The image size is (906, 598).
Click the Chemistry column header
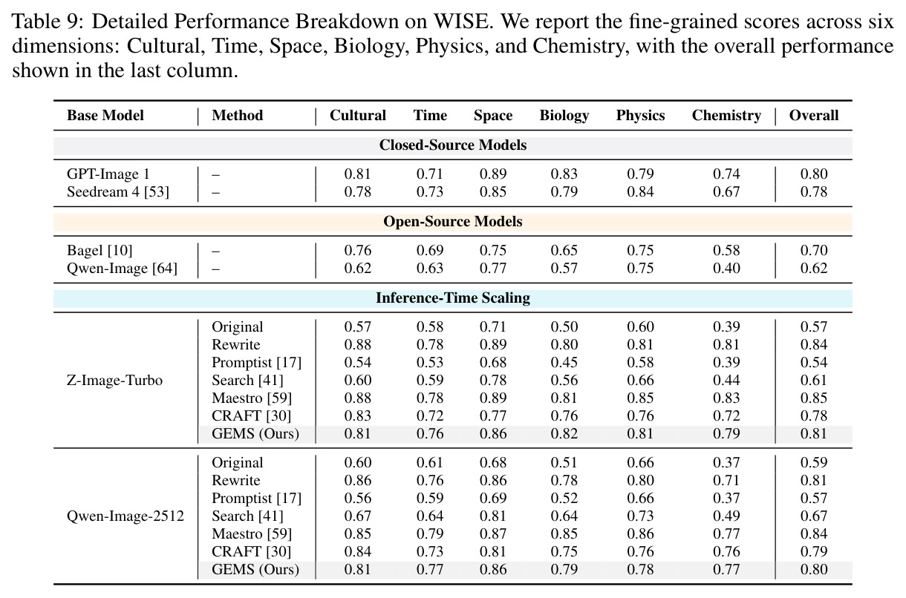[726, 116]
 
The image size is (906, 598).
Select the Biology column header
[564, 116]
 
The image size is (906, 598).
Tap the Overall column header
[814, 116]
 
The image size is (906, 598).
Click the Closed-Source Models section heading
[452, 145]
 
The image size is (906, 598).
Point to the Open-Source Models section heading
[452, 221]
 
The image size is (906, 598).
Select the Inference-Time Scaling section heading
[452, 298]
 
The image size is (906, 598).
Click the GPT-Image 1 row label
[108, 174]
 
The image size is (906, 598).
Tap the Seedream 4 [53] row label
[117, 191]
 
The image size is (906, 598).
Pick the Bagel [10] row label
[100, 250]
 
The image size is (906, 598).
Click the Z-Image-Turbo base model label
[114, 380]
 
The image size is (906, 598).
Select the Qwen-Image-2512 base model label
[126, 516]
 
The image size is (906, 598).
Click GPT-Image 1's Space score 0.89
[493, 174]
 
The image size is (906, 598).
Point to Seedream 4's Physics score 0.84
[640, 191]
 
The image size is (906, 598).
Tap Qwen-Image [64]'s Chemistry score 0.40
[726, 268]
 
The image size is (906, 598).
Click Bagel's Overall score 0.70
[814, 250]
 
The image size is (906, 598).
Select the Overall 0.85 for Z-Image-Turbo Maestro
[814, 398]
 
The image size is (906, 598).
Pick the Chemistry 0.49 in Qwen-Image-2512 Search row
[726, 516]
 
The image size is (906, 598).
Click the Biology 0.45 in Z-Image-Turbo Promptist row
[564, 363]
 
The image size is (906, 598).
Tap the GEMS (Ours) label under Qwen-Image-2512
[255, 569]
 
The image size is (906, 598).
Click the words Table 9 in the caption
[48, 22]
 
